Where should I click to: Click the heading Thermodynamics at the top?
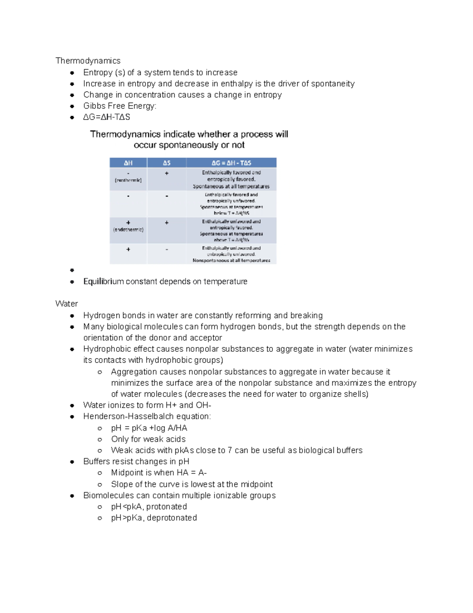(x=88, y=61)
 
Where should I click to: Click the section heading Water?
(x=67, y=304)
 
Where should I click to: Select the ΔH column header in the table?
(x=128, y=163)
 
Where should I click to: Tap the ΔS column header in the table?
(x=167, y=163)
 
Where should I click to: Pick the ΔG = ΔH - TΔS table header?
(x=231, y=163)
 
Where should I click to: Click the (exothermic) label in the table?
(x=128, y=180)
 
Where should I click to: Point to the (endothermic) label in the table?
(x=128, y=229)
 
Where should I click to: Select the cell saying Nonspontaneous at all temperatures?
(x=231, y=261)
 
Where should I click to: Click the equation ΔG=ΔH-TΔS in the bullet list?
(x=106, y=117)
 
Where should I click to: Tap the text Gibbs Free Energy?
(x=120, y=106)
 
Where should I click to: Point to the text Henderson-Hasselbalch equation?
(x=147, y=416)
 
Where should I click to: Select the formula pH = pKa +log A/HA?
(x=149, y=428)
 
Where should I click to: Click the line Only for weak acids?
(x=148, y=439)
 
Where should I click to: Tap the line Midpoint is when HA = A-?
(x=159, y=473)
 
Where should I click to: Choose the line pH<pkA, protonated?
(x=149, y=506)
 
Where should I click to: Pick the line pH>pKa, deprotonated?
(x=154, y=518)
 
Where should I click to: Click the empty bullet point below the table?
(x=72, y=270)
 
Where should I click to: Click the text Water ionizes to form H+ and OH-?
(x=147, y=405)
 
